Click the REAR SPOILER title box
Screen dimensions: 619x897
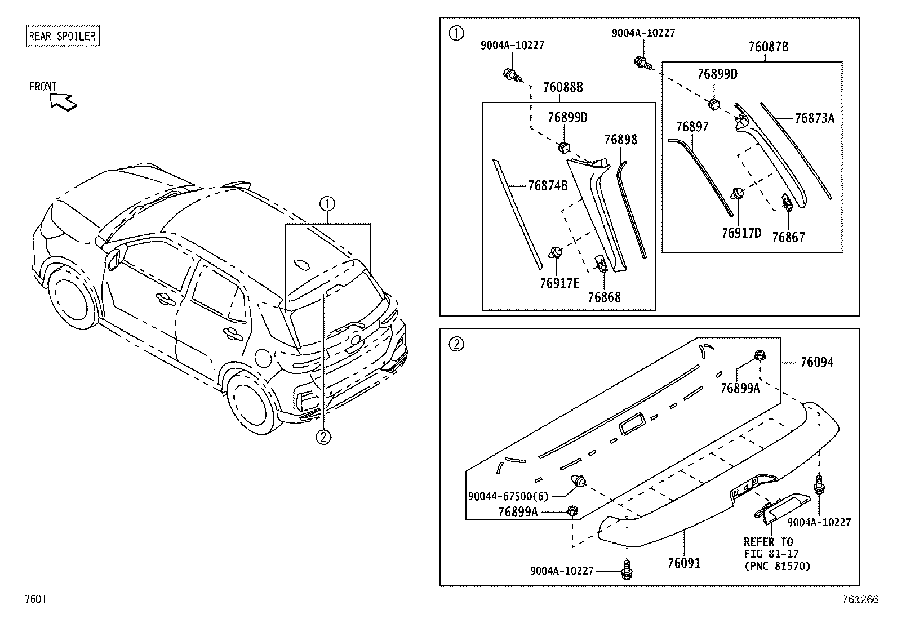pyautogui.click(x=63, y=37)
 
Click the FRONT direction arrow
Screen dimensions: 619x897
pyautogui.click(x=63, y=102)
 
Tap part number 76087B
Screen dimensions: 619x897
pyautogui.click(x=768, y=47)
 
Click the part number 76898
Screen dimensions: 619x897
pyautogui.click(x=620, y=140)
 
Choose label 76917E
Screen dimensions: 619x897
pyautogui.click(x=559, y=283)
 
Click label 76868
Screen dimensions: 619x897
pyautogui.click(x=603, y=297)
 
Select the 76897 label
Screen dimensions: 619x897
pyautogui.click(x=692, y=127)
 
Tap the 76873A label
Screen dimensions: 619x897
pyautogui.click(x=814, y=118)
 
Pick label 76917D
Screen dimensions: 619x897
pyautogui.click(x=741, y=233)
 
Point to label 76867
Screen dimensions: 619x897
pyautogui.click(x=788, y=237)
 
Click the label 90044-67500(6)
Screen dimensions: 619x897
pyautogui.click(x=508, y=496)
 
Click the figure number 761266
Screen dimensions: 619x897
pyautogui.click(x=859, y=600)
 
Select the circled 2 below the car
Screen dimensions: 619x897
pyautogui.click(x=323, y=437)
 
